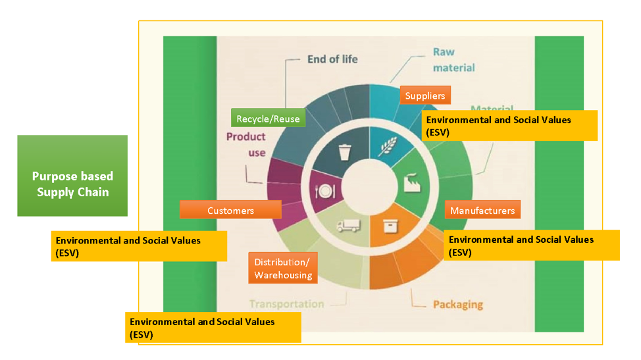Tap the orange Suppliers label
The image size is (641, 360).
(425, 95)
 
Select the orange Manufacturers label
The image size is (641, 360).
(482, 211)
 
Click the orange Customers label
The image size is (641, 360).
(230, 211)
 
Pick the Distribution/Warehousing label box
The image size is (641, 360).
(283, 268)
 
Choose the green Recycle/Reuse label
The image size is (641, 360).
(268, 118)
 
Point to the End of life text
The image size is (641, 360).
(332, 59)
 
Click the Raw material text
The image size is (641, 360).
(453, 60)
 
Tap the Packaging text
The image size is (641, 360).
(457, 305)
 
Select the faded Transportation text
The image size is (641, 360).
(286, 304)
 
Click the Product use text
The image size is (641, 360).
(246, 145)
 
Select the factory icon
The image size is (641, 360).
(413, 183)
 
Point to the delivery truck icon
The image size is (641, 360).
(348, 225)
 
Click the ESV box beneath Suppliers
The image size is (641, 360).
(511, 125)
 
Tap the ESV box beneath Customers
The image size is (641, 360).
(139, 245)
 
